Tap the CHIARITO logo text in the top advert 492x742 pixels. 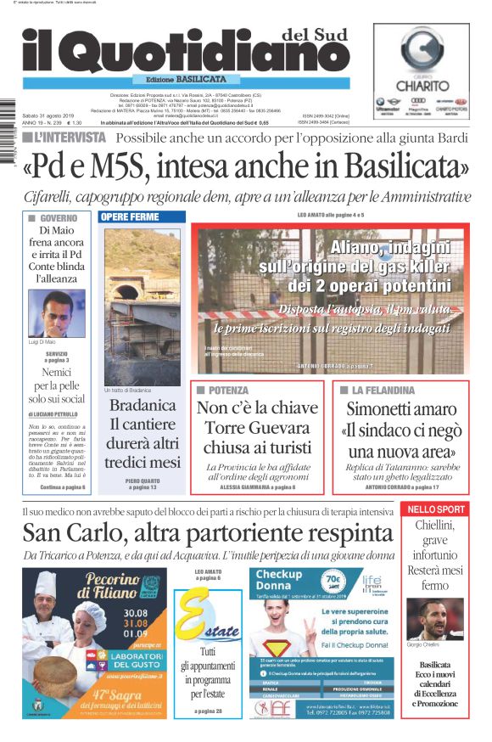coord(423,86)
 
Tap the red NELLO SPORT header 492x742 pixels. coord(436,509)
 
